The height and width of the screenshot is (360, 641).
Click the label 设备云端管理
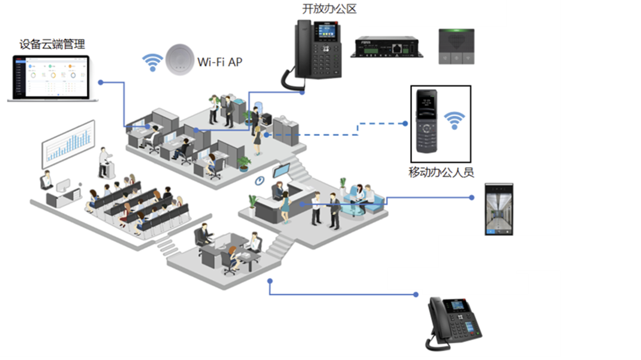pos(52,44)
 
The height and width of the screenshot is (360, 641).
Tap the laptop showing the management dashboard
pos(52,78)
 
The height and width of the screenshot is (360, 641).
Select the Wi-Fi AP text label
pos(220,62)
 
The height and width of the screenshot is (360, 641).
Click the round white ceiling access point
pos(180,59)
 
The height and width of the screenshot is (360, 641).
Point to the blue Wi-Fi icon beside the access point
pos(152,62)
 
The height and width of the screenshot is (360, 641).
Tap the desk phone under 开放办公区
pos(315,53)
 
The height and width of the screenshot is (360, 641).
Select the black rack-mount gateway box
pos(387,47)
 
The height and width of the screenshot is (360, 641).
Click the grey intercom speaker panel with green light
pos(456,46)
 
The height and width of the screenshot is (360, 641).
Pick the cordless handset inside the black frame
pos(427,121)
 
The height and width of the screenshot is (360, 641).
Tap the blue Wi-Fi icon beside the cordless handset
pos(454,120)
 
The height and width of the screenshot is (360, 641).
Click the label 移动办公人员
pos(441,172)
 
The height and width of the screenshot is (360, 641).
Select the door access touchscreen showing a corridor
pos(499,209)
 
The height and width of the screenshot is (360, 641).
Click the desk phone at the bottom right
pos(453,323)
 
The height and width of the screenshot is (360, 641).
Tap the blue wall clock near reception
pos(260,181)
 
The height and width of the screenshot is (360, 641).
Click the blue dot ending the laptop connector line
pos(100,83)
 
